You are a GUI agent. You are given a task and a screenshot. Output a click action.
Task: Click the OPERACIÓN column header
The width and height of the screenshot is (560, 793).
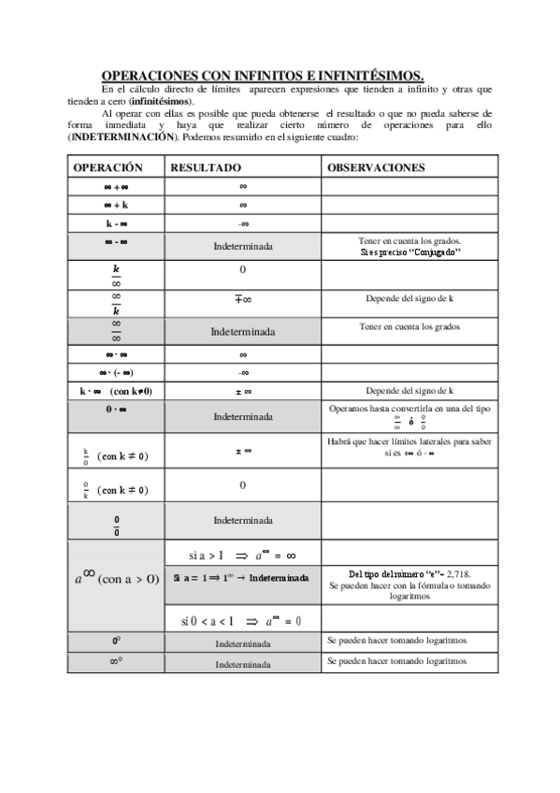(108, 167)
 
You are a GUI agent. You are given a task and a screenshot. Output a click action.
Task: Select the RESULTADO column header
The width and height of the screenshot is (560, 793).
(205, 167)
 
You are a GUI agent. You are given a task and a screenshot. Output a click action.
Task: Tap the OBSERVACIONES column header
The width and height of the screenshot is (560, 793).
(376, 167)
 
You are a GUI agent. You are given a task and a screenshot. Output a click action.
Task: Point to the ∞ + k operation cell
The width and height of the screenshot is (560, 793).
(116, 204)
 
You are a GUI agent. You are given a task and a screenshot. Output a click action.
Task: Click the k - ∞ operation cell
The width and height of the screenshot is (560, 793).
(116, 223)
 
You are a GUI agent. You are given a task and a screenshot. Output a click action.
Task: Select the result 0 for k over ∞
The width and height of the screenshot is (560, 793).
(242, 269)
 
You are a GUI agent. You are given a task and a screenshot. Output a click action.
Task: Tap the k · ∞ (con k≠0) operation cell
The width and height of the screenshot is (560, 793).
(116, 391)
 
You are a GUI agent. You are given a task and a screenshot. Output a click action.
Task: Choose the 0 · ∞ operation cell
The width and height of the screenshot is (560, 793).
(116, 409)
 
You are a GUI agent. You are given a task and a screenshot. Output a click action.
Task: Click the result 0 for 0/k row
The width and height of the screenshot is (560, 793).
(242, 485)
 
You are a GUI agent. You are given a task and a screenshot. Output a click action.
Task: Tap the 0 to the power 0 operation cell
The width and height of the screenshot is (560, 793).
(116, 642)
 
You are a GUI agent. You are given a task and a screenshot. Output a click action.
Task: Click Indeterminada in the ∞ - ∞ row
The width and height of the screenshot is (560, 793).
(242, 247)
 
